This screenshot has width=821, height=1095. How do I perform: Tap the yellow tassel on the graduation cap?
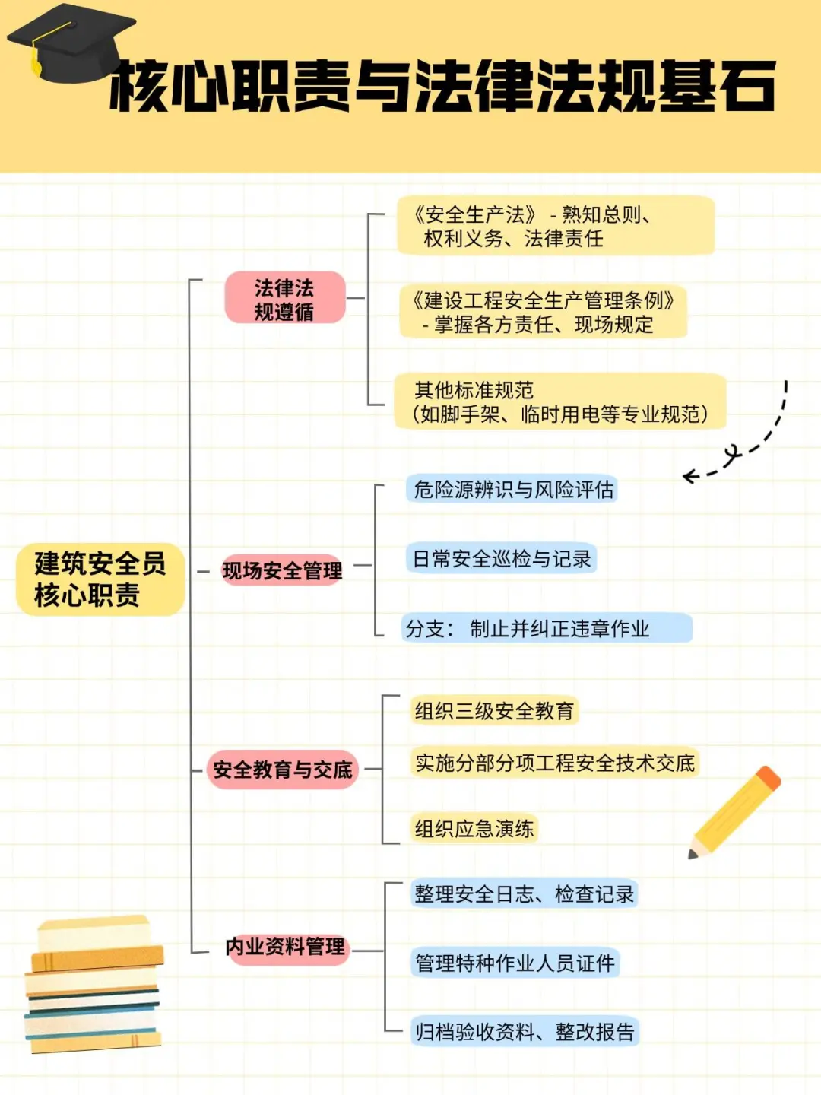click(36, 61)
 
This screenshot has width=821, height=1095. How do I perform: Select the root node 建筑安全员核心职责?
click(100, 579)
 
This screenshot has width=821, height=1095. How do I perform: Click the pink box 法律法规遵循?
click(284, 299)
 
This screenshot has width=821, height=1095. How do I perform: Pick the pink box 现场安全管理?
click(282, 570)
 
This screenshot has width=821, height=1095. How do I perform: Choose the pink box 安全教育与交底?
click(282, 770)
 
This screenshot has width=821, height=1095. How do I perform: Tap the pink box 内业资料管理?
click(286, 947)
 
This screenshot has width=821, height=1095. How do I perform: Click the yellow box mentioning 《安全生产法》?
click(555, 226)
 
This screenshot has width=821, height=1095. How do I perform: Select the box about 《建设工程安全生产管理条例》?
click(543, 312)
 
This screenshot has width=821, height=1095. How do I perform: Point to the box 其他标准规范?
click(559, 401)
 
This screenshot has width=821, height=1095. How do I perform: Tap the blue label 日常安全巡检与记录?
click(502, 559)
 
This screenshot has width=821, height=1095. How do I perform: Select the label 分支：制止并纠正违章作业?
click(546, 628)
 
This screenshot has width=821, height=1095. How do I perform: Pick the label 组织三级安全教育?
click(494, 711)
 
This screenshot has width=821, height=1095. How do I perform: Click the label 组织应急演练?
click(474, 828)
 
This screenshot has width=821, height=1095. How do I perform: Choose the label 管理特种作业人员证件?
click(515, 963)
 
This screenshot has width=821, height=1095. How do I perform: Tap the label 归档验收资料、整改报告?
click(525, 1032)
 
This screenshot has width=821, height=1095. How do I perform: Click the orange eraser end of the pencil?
click(769, 778)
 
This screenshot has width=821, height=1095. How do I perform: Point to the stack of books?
click(94, 985)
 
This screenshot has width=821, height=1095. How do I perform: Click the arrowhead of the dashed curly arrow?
click(687, 477)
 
